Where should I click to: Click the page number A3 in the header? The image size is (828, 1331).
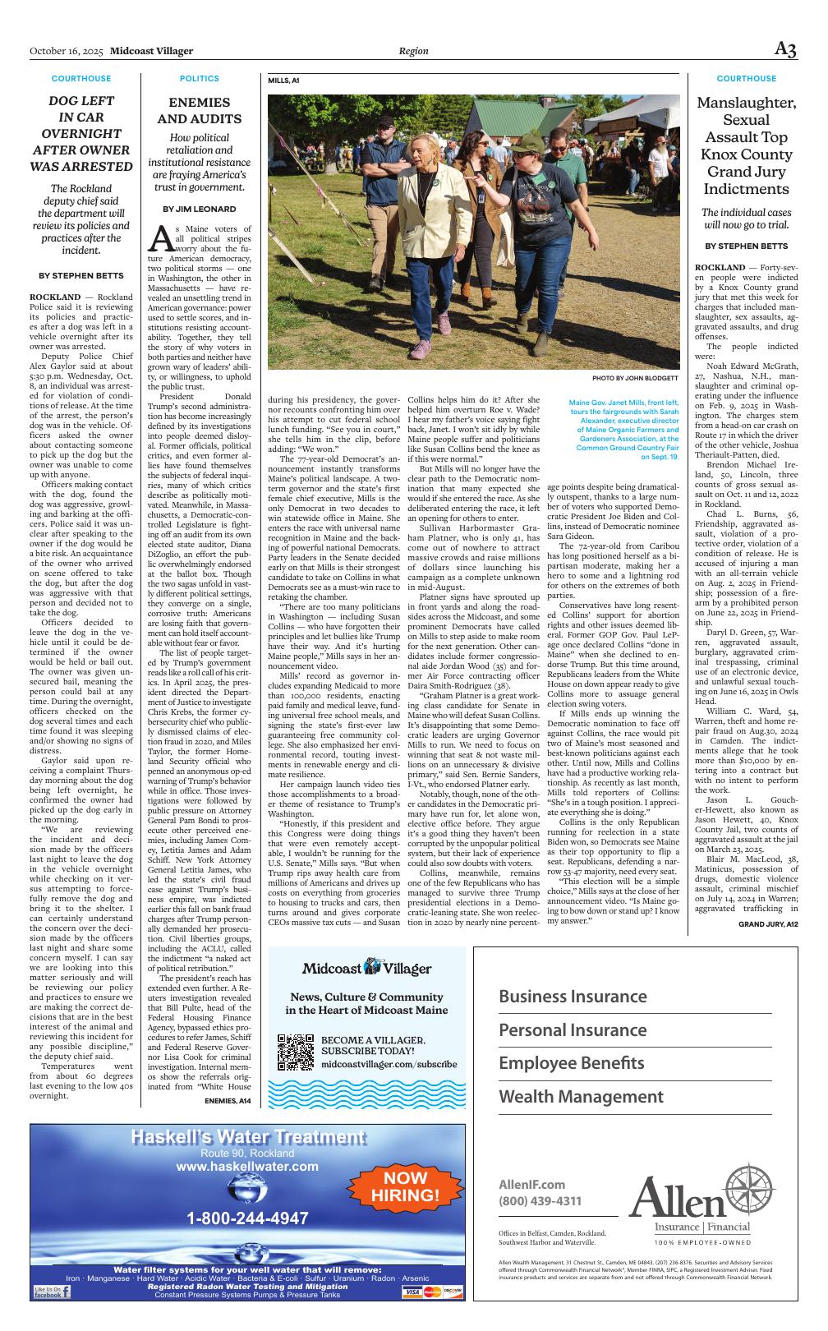pos(785,49)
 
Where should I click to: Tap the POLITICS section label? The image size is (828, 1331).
pos(200,79)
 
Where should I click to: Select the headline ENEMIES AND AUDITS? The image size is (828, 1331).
pos(200,110)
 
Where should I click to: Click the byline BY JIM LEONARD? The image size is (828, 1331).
pos(200,210)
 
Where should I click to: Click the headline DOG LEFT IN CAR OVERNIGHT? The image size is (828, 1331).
pos(80,133)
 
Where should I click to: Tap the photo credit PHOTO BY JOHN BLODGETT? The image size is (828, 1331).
pos(635,378)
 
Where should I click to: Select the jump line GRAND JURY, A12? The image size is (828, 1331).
pos(767,924)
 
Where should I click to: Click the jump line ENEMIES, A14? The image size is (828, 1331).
pos(228,1100)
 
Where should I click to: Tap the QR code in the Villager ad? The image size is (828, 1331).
pos(296,1052)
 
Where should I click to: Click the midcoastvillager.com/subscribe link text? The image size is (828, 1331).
pos(388,1063)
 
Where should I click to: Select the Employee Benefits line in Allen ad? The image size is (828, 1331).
pos(572,1063)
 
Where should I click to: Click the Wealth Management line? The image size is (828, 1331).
pos(581,1097)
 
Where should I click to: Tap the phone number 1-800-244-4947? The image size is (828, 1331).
pos(247,1218)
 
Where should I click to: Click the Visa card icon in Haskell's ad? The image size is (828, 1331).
pos(412,1292)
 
